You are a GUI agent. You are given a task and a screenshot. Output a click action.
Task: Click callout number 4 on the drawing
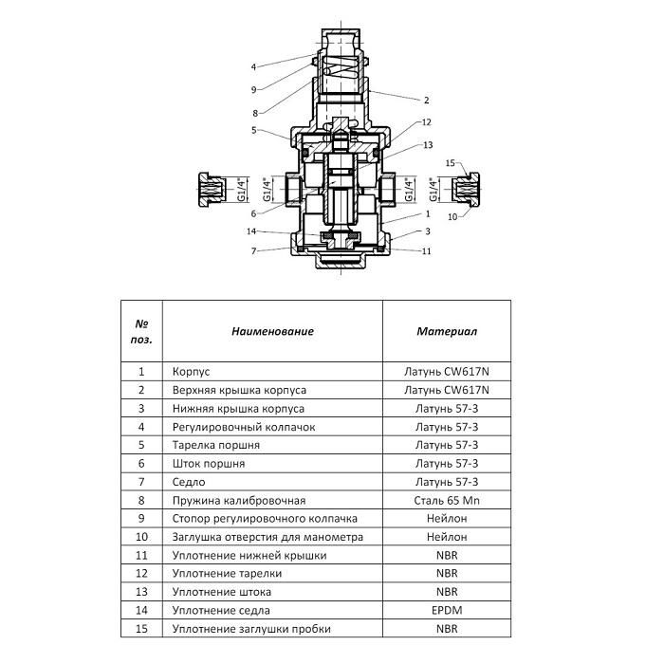point(254,66)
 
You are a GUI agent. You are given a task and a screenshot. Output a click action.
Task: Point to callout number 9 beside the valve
point(254,90)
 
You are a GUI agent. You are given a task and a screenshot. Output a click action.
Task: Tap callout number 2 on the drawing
point(427,100)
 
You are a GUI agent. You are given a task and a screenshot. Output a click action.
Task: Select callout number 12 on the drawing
point(427,122)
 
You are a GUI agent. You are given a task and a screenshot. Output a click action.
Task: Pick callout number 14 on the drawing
point(251,231)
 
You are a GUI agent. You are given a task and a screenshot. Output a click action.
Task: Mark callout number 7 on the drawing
point(254,250)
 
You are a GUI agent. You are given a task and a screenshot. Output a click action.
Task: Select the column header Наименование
point(272,332)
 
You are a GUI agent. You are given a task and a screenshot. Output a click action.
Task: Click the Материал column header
point(446,332)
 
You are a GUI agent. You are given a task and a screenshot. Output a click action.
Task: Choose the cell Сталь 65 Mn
point(446,500)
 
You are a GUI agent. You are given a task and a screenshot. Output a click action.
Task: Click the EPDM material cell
point(446,610)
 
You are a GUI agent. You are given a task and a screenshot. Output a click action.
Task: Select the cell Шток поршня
point(209,464)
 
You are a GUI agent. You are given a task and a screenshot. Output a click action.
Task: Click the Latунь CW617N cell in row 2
point(446,390)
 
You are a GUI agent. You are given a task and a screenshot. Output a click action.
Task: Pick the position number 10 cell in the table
point(141,537)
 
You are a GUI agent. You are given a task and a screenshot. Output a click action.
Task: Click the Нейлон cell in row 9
point(446,519)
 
